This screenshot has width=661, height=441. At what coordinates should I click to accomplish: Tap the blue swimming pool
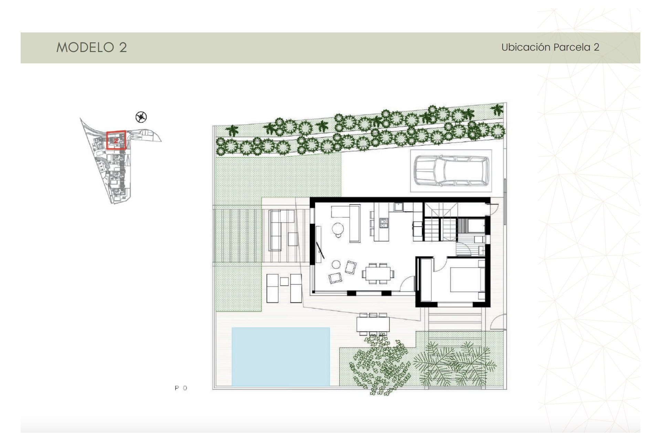pyautogui.click(x=281, y=357)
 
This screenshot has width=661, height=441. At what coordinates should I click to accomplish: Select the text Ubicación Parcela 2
pyautogui.click(x=550, y=47)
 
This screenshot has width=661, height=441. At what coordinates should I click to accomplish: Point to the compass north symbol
pyautogui.click(x=141, y=117)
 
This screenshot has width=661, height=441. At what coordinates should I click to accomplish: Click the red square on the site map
pyautogui.click(x=116, y=140)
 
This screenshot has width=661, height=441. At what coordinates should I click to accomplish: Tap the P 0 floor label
pyautogui.click(x=181, y=388)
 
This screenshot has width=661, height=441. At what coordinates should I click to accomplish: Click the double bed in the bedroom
pyautogui.click(x=465, y=279)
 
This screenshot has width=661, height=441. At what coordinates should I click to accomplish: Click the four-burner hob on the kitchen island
pyautogui.click(x=384, y=223)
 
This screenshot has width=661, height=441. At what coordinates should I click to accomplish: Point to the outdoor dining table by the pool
pyautogui.click(x=373, y=324)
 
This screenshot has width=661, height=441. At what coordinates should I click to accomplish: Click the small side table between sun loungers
pyautogui.click(x=284, y=281)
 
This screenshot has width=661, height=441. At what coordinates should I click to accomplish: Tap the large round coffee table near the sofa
pyautogui.click(x=338, y=228)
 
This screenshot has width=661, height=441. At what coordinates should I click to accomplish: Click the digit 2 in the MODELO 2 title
pyautogui.click(x=123, y=48)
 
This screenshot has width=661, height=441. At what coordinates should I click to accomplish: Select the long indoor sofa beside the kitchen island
pyautogui.click(x=355, y=223)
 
